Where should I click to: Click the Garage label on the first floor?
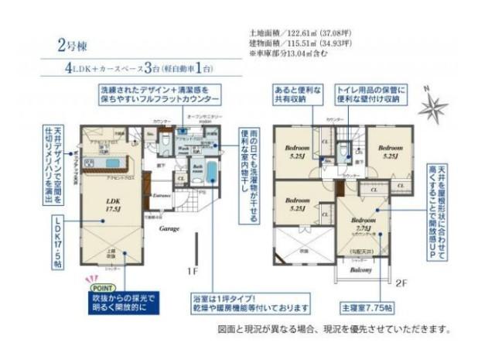coord(169,229)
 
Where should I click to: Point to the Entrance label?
coord(162,195)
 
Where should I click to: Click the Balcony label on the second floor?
coord(361,270)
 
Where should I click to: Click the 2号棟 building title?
coord(69,41)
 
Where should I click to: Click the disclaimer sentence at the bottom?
coord(333,329)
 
